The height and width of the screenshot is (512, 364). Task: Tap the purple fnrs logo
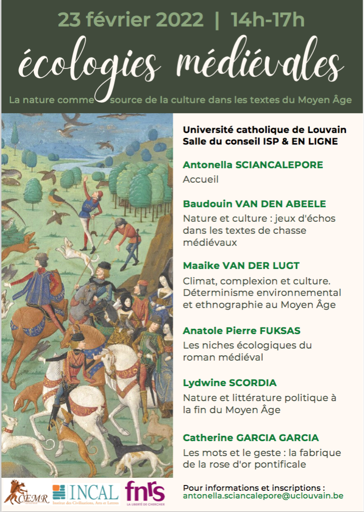(145, 492)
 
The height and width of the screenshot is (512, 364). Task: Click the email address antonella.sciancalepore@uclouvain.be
(270, 495)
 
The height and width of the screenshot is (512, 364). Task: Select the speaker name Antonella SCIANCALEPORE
(253, 165)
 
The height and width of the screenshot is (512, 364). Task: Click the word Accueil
(200, 179)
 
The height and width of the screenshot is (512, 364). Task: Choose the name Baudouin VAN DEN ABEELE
(254, 203)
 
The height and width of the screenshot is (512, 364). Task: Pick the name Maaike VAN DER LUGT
(241, 266)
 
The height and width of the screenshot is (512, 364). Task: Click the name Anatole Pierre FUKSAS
(241, 331)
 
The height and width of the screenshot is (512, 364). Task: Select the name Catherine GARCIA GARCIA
(251, 438)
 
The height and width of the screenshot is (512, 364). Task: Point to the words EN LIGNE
(315, 141)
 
